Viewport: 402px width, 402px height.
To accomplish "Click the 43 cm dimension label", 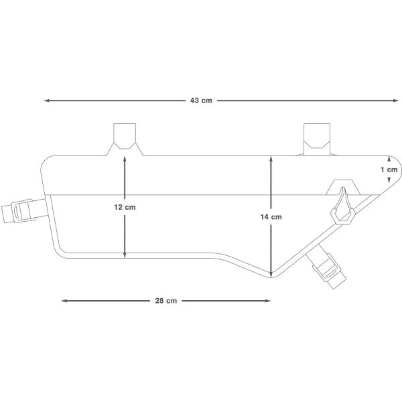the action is tap(201, 100).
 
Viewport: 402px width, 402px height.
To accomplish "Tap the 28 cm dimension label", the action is tap(166, 300).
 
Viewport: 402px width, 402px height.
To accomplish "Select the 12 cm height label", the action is tap(125, 207).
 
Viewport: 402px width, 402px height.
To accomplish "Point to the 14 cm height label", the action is tap(271, 217).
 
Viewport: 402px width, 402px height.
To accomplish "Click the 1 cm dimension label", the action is tap(389, 170).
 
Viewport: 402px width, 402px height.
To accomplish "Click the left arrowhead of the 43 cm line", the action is tap(46, 100).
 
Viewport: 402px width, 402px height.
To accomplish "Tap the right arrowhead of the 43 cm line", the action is tap(395, 100).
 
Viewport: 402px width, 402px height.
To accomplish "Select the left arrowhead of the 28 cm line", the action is tap(64, 301).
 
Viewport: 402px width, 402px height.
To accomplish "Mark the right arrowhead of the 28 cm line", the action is tap(267, 301).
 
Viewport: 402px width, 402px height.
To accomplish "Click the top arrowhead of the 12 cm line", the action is tap(125, 158).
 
